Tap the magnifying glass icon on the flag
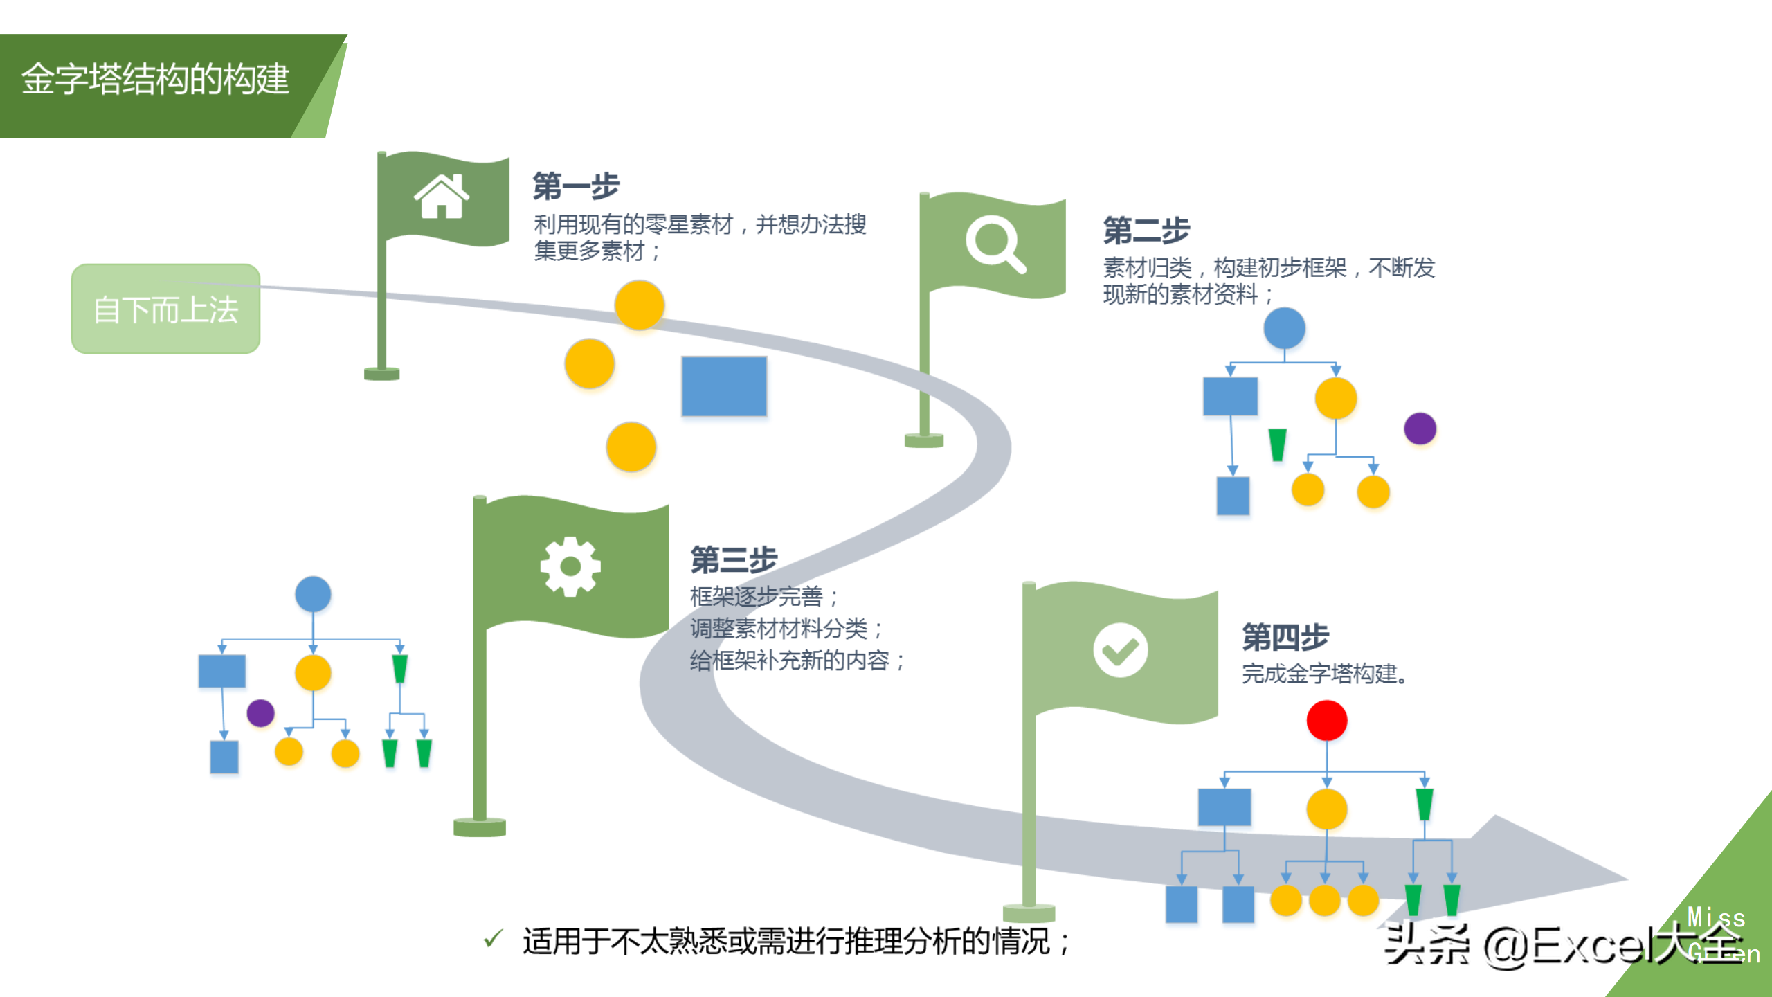tap(995, 244)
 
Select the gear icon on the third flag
tap(570, 566)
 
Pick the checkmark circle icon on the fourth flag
tap(1120, 650)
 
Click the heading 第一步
tap(576, 186)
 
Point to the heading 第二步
tap(1146, 230)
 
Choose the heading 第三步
tap(734, 559)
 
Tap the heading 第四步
tap(1285, 637)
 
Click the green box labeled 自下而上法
tap(165, 309)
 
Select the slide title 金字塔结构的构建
tap(155, 79)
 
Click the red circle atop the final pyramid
tap(1326, 720)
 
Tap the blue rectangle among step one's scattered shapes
tap(724, 386)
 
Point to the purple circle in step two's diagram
tap(1420, 429)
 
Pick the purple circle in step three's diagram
tap(260, 712)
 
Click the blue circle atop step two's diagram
tap(1284, 328)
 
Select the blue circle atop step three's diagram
tap(313, 594)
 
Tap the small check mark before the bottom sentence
tap(493, 939)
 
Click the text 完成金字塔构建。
tap(1325, 674)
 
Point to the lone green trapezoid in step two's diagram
tap(1277, 444)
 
